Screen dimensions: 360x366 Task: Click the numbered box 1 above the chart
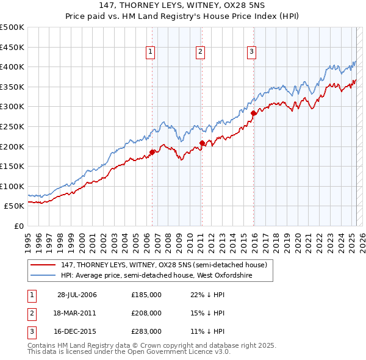(150, 52)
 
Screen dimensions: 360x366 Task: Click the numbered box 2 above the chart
(200, 52)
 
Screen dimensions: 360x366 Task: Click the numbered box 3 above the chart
(251, 52)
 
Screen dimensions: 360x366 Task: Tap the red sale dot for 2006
(152, 152)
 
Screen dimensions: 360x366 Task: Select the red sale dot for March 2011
(202, 143)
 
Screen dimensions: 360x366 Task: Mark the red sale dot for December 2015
(254, 113)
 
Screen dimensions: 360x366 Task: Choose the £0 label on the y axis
(19, 226)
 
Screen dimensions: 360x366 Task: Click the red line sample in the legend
(43, 265)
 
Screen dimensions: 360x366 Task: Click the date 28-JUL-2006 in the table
(77, 295)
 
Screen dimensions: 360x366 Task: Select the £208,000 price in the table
(146, 313)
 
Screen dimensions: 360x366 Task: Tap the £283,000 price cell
(146, 331)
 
